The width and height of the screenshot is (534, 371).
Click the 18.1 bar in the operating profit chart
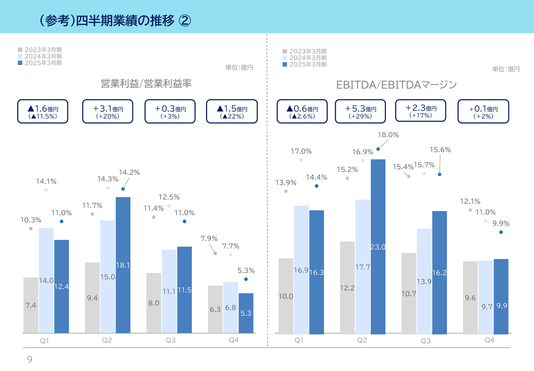[x=123, y=265]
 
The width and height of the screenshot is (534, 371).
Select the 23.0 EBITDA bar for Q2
[x=378, y=246]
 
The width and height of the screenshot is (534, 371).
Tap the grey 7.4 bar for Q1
[x=31, y=305]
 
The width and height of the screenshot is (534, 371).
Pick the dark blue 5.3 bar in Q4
[x=246, y=313]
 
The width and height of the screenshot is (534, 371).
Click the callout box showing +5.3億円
[x=360, y=111]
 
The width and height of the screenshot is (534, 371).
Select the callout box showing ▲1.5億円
[x=232, y=111]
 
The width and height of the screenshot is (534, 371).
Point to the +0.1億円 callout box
[x=483, y=111]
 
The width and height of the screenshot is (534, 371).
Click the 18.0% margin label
[x=388, y=135]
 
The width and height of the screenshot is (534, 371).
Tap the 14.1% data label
[x=46, y=182]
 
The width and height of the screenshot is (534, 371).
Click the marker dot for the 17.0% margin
[x=301, y=160]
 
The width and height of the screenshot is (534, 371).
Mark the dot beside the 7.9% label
[x=215, y=253]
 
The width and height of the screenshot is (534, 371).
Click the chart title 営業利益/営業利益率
[x=146, y=84]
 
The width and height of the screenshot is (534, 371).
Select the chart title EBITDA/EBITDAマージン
[x=396, y=85]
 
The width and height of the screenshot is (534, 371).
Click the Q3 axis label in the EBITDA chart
[x=425, y=341]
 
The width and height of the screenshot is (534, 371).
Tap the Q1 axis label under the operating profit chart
[x=45, y=341]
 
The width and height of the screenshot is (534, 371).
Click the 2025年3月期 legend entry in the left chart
[x=40, y=63]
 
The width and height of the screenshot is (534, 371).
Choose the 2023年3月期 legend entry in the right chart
[x=305, y=51]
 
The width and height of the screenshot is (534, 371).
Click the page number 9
[x=30, y=360]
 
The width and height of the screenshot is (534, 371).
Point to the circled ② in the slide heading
[x=185, y=20]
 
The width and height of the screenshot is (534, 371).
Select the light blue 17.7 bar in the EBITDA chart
[x=363, y=267]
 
